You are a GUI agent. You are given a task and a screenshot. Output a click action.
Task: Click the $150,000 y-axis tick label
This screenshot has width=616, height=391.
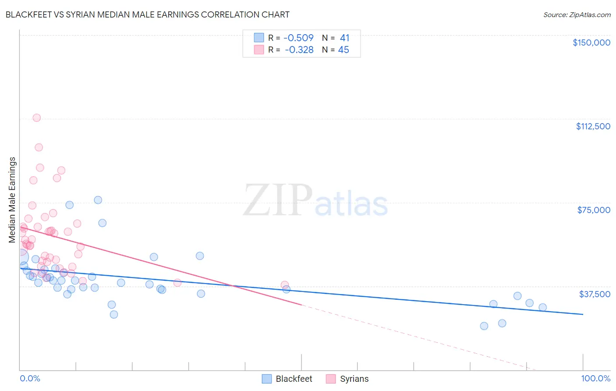(x=591, y=43)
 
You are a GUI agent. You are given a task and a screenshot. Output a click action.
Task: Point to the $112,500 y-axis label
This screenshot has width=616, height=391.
(x=593, y=126)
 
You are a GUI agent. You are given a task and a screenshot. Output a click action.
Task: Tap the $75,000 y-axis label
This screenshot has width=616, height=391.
(x=594, y=210)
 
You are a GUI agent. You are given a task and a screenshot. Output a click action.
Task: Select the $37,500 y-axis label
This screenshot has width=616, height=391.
(x=595, y=294)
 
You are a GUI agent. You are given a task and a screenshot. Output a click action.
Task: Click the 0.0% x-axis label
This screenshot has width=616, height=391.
(x=30, y=378)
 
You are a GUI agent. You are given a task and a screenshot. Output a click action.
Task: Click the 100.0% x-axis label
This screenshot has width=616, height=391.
(x=595, y=378)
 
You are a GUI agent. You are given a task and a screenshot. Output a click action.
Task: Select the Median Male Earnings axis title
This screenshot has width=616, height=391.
(x=12, y=200)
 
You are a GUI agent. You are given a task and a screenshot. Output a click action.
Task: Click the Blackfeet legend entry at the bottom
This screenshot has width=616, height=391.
(x=294, y=379)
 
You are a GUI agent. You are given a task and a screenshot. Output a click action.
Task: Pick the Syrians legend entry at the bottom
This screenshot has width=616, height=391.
(x=354, y=379)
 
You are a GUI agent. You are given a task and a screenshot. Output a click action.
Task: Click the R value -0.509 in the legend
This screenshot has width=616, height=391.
(x=298, y=38)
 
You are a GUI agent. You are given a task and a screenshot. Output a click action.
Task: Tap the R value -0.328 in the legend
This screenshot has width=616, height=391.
(x=299, y=50)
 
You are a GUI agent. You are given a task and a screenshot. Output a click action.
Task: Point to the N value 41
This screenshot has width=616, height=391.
(x=344, y=38)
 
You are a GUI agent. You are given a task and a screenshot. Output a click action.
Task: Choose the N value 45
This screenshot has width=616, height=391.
(x=343, y=50)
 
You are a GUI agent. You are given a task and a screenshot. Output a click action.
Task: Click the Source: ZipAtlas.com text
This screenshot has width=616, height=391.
(x=577, y=14)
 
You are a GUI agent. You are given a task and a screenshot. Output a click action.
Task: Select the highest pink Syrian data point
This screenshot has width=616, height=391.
(x=37, y=117)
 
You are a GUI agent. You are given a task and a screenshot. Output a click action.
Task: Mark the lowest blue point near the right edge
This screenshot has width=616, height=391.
(x=484, y=326)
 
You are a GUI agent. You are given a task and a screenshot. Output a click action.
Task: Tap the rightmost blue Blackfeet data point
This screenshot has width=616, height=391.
(x=542, y=307)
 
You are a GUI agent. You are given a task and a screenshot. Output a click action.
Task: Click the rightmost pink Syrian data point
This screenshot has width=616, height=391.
(x=285, y=285)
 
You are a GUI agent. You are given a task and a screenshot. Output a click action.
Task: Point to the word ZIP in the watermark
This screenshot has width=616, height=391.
(x=278, y=200)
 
